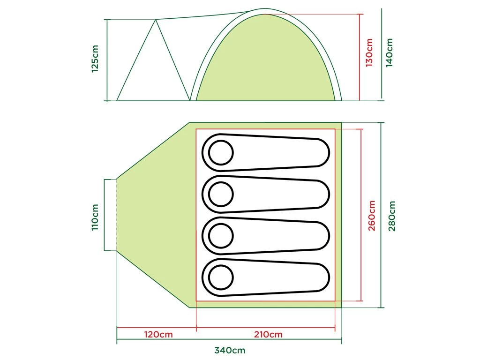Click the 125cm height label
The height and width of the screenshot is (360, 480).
(95, 59)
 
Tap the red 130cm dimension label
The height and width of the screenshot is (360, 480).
(369, 52)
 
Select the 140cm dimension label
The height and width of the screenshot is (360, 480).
(389, 52)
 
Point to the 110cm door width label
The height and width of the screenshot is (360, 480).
(95, 217)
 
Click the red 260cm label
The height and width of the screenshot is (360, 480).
(371, 216)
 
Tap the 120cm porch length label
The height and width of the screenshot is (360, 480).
(158, 334)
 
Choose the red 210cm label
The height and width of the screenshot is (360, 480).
(268, 334)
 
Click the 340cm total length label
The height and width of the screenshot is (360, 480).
(230, 350)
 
